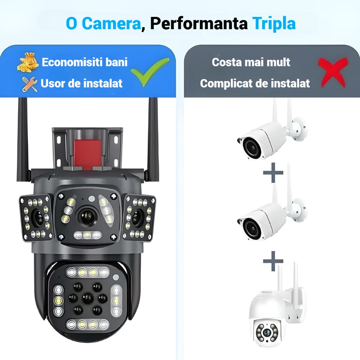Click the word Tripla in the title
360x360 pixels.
point(274,23)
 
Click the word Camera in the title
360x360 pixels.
point(111,23)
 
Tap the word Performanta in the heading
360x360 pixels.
point(198,23)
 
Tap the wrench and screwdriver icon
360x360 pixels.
point(30,84)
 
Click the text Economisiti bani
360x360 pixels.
point(85,62)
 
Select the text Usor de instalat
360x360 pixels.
point(82,84)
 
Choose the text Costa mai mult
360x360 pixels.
point(251,62)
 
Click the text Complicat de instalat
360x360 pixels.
point(255,84)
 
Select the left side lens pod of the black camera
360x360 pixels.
point(36,217)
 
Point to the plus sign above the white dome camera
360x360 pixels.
point(273,261)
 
